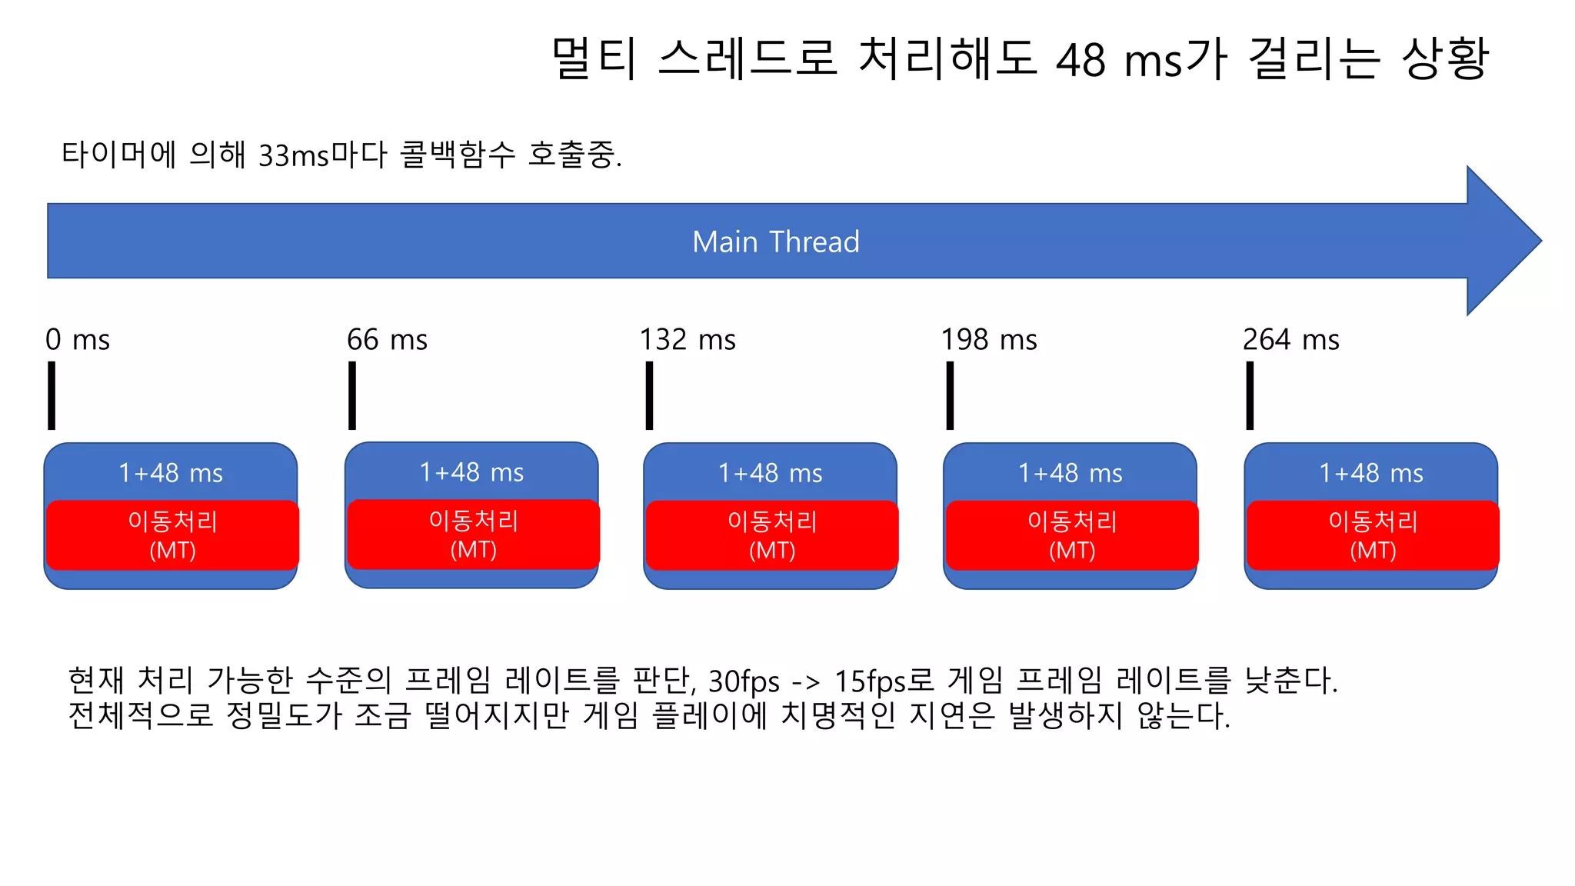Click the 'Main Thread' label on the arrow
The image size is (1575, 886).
(775, 241)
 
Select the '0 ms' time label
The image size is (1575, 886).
(78, 339)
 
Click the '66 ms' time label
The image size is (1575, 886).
(387, 339)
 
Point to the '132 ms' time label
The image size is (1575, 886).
(688, 339)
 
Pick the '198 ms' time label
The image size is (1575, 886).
(989, 339)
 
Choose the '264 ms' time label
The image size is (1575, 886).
(1290, 339)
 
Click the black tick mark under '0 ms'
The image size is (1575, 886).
(52, 395)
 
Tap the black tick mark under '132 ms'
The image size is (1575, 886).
(649, 395)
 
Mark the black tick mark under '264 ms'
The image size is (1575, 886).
(1250, 395)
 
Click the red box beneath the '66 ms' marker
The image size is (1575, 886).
(473, 535)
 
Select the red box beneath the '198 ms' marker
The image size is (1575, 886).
(1071, 535)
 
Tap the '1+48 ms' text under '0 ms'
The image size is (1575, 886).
(171, 473)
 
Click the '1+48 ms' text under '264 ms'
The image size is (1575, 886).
(1371, 473)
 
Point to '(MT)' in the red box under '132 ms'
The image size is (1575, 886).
(772, 551)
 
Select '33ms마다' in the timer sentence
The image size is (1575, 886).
(322, 155)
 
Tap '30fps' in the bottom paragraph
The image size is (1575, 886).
(744, 681)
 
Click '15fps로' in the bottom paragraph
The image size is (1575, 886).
(884, 681)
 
